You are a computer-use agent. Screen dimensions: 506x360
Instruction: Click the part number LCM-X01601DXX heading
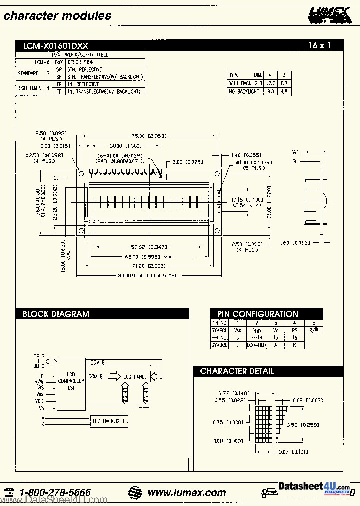(55, 46)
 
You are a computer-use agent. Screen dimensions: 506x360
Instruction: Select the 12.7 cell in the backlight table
(270, 83)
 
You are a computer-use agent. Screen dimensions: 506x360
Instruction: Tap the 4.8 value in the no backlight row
(284, 92)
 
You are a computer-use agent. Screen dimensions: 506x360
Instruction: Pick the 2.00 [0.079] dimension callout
(188, 162)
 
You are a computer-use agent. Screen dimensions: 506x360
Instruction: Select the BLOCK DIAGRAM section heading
(56, 314)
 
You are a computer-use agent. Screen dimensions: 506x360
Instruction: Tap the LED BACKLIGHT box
(109, 421)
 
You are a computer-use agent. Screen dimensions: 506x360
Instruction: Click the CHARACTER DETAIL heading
(237, 371)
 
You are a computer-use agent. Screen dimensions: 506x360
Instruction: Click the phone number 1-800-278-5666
(55, 493)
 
